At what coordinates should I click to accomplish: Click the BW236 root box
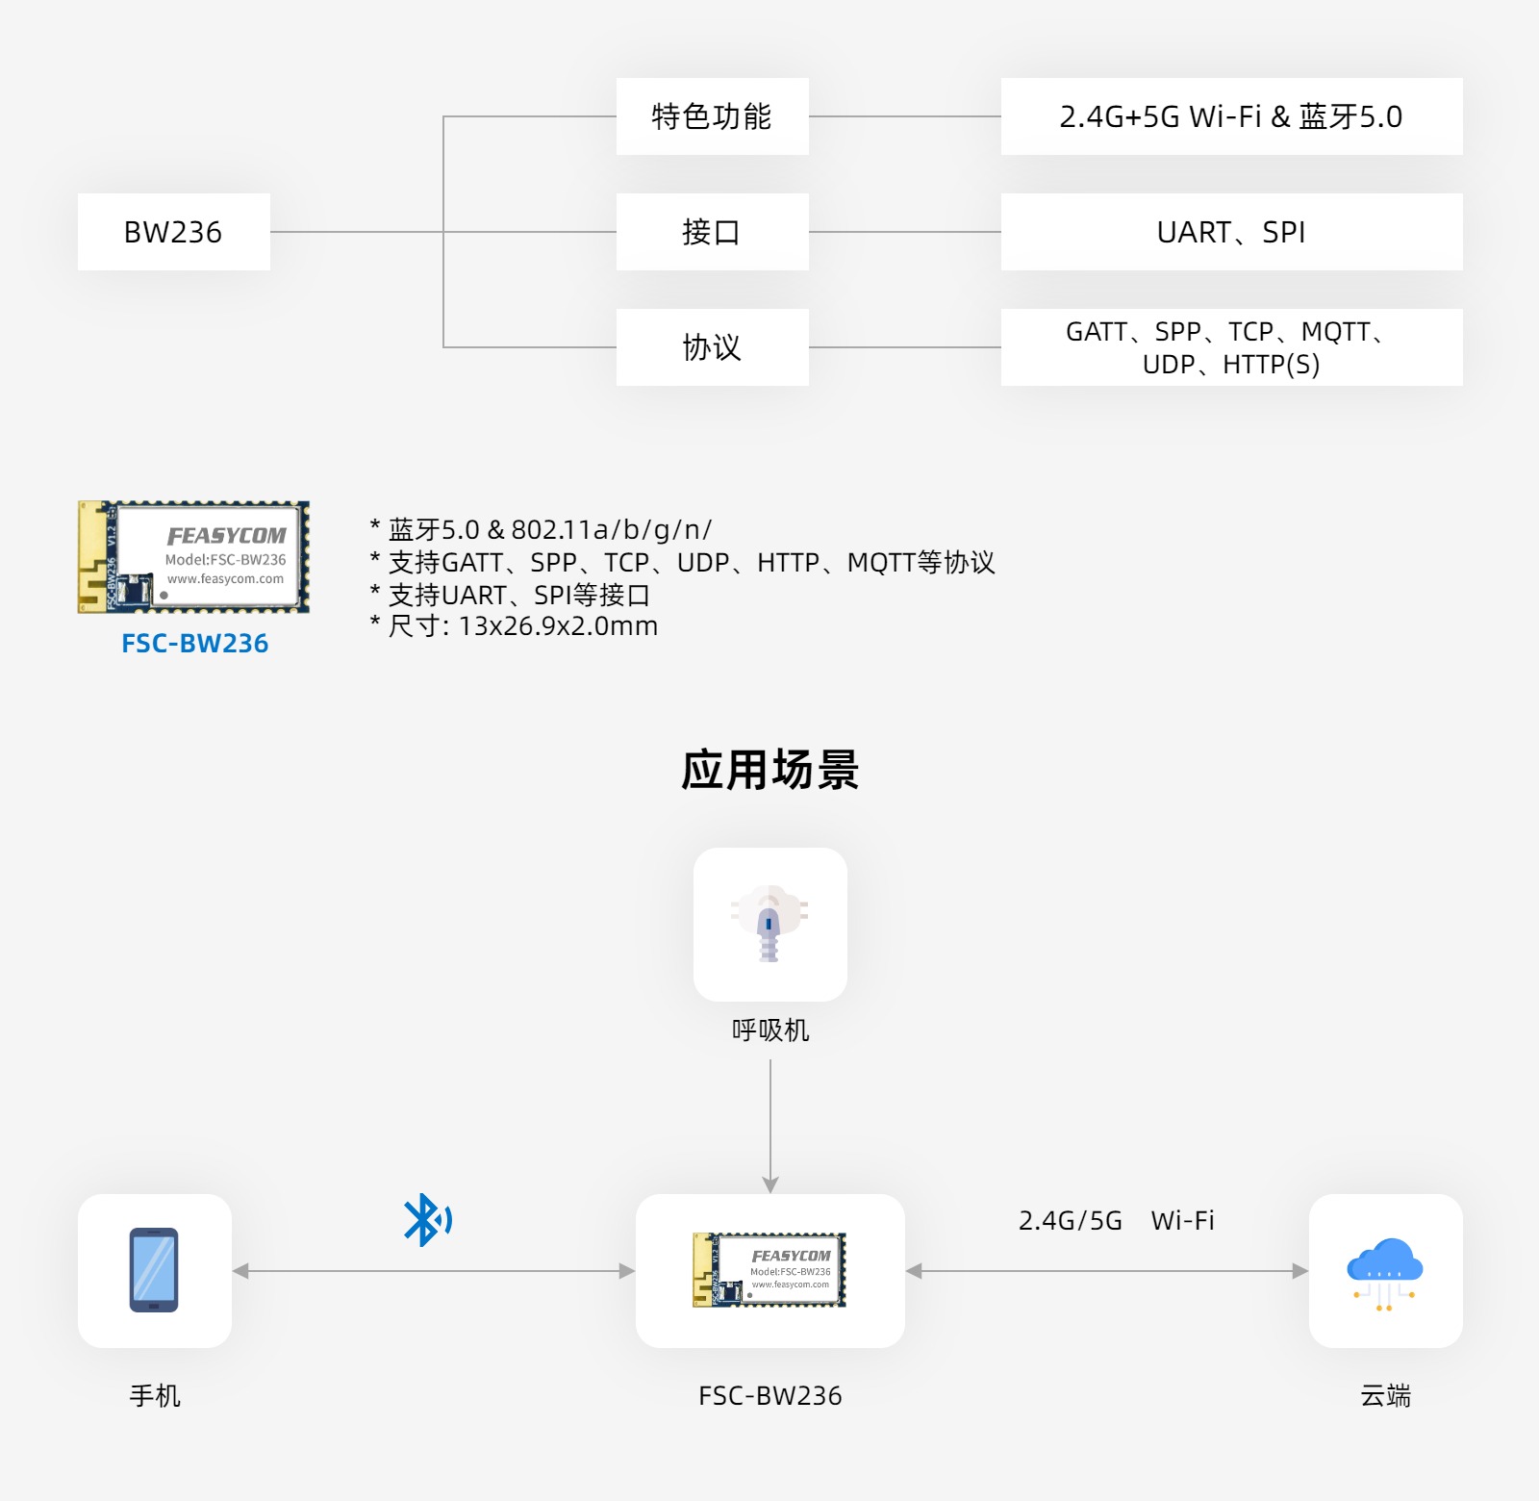pos(173,232)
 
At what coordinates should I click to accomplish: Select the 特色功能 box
pos(712,116)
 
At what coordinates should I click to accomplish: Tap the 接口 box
pos(712,232)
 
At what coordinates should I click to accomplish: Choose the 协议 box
pos(712,347)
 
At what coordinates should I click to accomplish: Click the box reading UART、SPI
pos(1231,232)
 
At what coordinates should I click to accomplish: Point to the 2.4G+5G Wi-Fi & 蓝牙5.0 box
pos(1231,116)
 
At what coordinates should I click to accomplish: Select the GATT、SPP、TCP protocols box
pos(1231,347)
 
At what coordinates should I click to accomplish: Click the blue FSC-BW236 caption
pos(194,644)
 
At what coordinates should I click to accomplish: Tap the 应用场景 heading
pos(769,771)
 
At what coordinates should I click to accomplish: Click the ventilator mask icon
pos(769,924)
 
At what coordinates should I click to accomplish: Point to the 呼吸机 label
pos(770,1030)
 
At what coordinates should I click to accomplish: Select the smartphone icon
pos(154,1270)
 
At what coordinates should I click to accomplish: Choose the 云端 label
pos(1385,1396)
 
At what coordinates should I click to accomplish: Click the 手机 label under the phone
pos(155,1396)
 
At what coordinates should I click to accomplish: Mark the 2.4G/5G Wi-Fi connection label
pos(1116,1221)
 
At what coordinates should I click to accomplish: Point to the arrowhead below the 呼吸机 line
pos(770,1184)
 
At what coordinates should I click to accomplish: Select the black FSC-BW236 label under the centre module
pos(769,1396)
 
